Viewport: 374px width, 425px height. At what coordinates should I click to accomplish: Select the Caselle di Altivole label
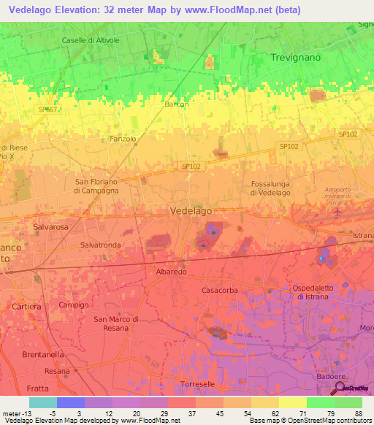(91, 40)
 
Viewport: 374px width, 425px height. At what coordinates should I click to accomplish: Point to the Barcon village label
(176, 104)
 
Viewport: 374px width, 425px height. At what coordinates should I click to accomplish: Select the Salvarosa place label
(50, 227)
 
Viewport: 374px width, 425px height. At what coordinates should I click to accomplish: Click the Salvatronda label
(101, 245)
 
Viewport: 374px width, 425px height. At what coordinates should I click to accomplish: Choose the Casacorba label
(220, 290)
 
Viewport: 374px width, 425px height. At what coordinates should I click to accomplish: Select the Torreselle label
(197, 384)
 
